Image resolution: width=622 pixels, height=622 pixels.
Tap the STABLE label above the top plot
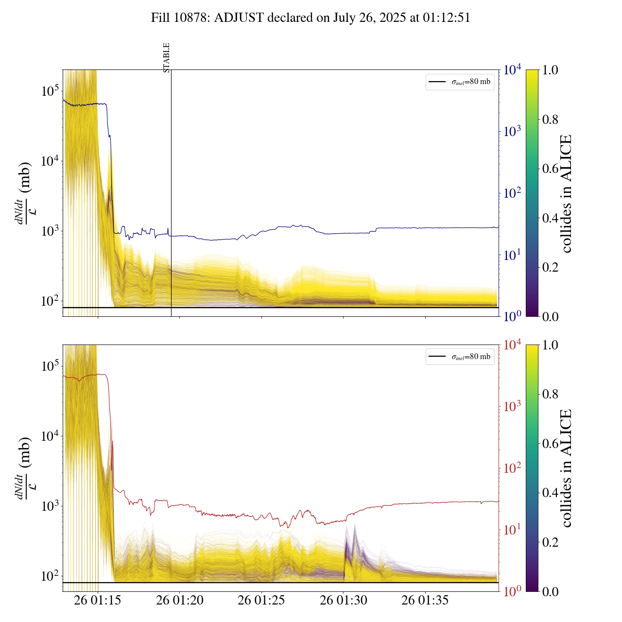[x=167, y=57]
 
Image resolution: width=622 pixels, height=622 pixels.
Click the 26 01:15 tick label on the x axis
[x=98, y=601]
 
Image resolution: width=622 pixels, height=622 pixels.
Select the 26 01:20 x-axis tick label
[x=180, y=601]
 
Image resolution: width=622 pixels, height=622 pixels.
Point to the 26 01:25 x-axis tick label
[x=261, y=601]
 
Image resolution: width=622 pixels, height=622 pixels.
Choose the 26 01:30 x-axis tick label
[x=344, y=601]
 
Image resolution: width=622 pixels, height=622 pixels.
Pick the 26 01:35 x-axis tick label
[x=425, y=601]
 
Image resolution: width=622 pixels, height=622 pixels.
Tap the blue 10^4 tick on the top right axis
[x=513, y=70]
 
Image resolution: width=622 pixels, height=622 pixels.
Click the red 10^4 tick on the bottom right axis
[x=513, y=345]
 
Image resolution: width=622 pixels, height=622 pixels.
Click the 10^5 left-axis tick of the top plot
[x=50, y=91]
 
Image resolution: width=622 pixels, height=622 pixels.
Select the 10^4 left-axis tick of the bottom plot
[x=50, y=436]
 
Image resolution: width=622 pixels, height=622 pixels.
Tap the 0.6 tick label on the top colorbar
[x=550, y=169]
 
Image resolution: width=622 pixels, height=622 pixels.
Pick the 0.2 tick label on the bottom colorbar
[x=550, y=542]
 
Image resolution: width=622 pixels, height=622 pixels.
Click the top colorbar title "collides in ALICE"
[x=566, y=193]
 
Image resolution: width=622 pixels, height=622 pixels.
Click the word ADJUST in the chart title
[x=240, y=18]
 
